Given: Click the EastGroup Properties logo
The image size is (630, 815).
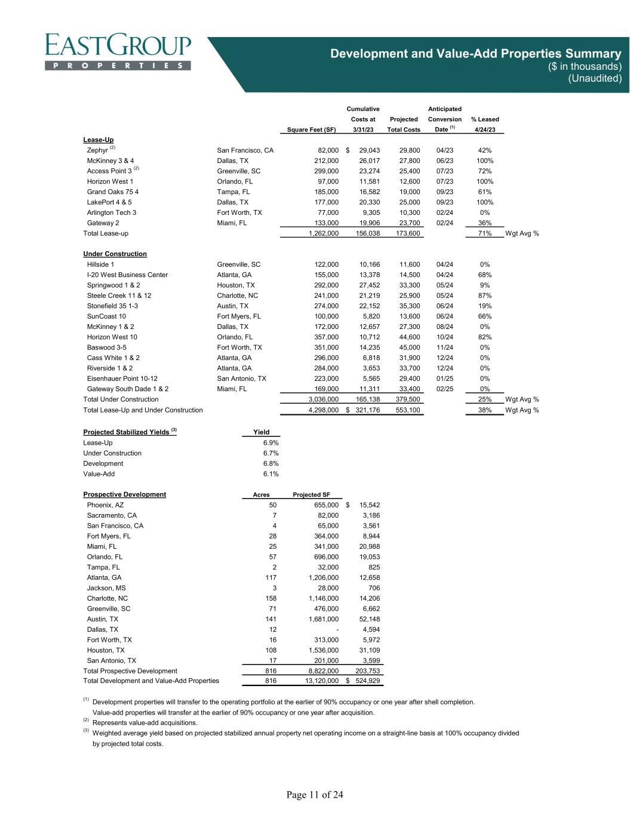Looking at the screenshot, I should tap(118, 52).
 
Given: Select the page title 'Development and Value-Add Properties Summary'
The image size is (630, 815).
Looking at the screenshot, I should tap(476, 54).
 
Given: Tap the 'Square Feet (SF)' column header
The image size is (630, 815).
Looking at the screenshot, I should tap(312, 130).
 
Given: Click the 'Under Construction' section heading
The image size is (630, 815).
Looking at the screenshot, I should tap(115, 254).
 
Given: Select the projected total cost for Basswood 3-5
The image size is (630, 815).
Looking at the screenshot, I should tap(410, 347).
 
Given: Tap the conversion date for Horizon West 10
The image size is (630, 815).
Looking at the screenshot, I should tap(445, 337).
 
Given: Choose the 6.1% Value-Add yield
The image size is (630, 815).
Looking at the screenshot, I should tap(271, 473).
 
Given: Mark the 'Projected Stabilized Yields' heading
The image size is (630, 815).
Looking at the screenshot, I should tap(126, 432).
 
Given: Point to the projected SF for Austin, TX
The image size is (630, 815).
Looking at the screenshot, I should tap(323, 619).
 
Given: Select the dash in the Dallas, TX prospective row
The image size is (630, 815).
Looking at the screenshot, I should tap(337, 629).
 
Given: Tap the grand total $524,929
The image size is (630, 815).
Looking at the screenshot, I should tap(364, 681).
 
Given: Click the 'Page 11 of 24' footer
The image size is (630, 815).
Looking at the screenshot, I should tap(315, 795).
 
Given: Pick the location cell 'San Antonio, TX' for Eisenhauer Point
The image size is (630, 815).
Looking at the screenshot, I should tap(241, 379).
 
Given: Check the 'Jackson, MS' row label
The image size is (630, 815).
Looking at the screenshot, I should tap(106, 588).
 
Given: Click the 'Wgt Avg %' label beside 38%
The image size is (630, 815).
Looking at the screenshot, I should tap(522, 410).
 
